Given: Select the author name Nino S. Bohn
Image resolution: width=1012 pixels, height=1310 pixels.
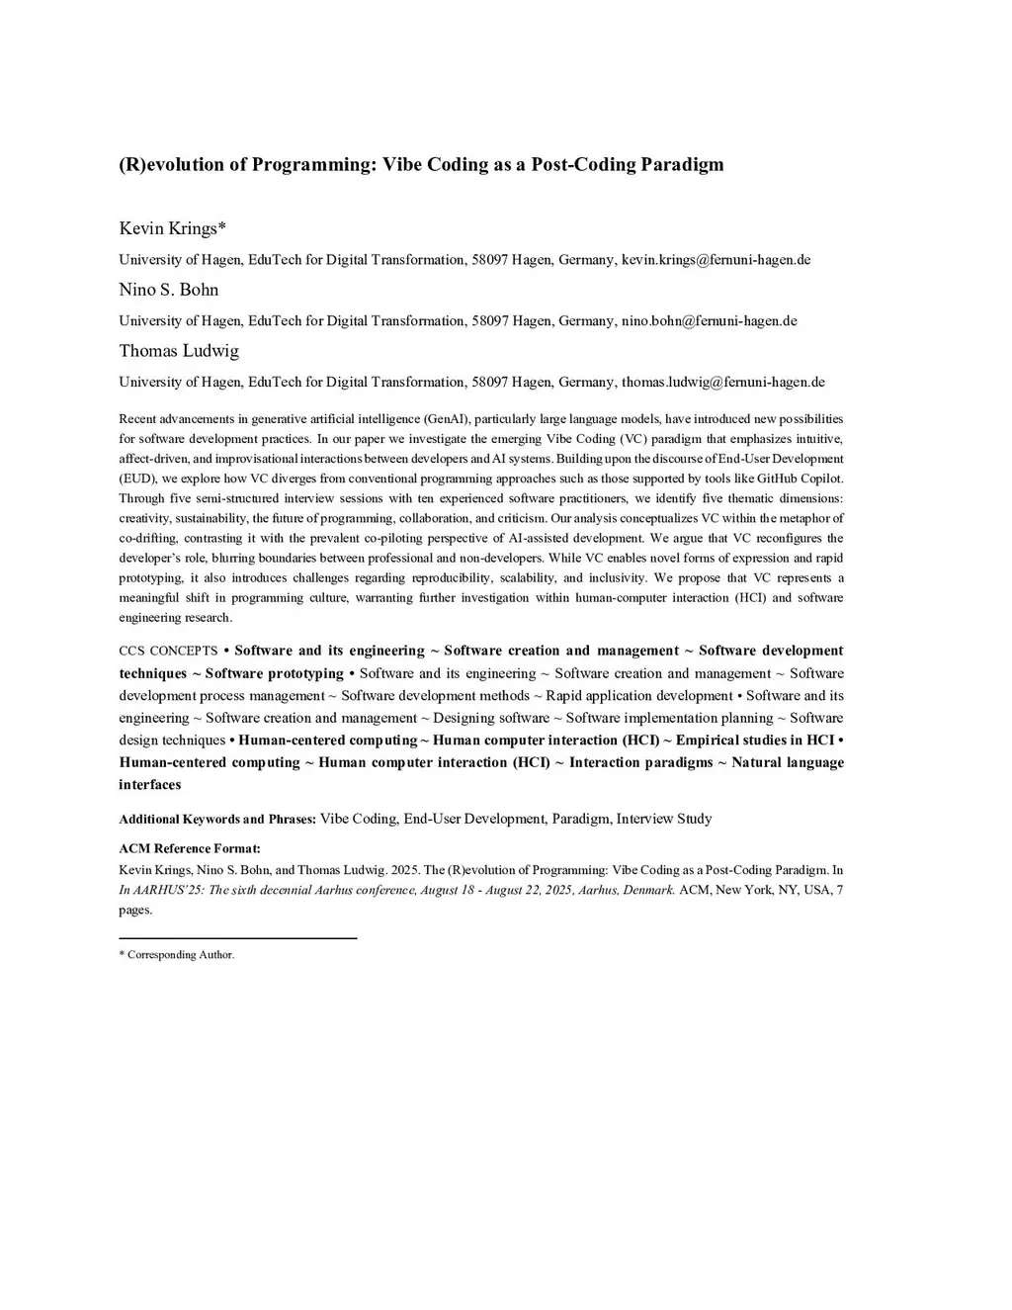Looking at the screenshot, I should [169, 290].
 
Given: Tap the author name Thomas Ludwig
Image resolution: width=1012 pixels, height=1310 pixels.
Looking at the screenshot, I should [179, 351].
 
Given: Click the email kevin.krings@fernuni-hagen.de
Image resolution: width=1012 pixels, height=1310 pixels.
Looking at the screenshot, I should [716, 260].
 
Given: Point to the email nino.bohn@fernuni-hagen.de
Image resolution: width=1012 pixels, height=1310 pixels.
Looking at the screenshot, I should [709, 321].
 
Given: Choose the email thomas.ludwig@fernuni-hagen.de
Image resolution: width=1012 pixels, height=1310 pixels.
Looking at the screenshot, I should [722, 383].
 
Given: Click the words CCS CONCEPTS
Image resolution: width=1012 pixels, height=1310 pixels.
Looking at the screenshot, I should [168, 652].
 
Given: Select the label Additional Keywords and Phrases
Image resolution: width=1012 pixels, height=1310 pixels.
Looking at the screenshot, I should [217, 820].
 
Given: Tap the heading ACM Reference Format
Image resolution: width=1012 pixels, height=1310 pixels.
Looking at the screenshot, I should [190, 848].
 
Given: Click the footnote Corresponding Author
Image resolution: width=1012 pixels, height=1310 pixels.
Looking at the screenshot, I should [180, 955].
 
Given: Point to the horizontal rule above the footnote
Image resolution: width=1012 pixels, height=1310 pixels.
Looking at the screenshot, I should [237, 938].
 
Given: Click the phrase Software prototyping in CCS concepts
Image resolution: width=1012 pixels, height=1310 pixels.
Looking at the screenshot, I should [275, 673].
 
